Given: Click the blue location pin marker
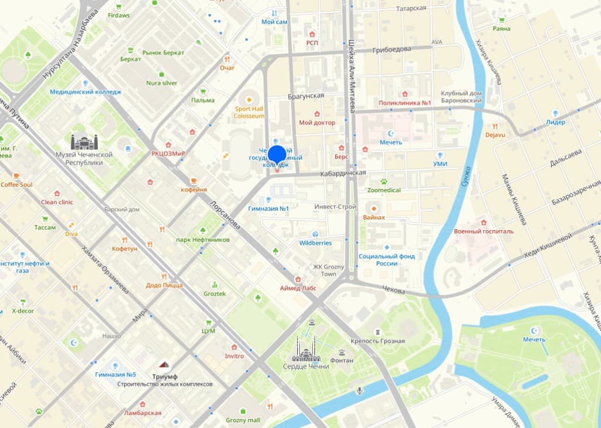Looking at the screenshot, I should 277,155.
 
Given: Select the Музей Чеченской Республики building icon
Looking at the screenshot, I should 84,142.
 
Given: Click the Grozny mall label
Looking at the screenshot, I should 242,420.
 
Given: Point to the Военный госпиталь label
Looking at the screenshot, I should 484,231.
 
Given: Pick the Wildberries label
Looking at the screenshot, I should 315,243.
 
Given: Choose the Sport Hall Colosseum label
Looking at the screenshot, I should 249,112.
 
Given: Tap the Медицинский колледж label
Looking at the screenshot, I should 86,92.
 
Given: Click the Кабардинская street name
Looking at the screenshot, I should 343,173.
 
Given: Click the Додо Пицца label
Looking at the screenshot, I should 164,285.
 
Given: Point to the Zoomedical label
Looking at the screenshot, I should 384,190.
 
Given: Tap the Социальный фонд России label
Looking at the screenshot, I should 387,260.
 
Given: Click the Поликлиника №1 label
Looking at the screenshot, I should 405,103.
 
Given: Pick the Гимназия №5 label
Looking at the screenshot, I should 116,375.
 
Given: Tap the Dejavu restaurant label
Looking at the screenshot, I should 495,134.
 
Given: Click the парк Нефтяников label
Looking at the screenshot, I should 202,240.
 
